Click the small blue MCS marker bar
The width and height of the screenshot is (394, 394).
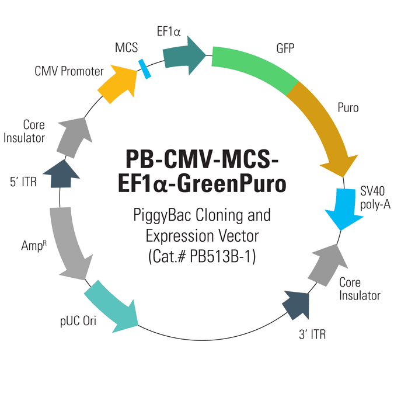point(145,69)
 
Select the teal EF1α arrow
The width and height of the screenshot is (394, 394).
point(183,56)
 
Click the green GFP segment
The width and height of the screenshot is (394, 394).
point(254,67)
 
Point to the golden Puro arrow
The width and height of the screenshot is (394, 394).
point(324,125)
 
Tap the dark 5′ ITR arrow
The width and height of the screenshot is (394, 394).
point(61,175)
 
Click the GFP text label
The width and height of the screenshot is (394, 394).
point(285,48)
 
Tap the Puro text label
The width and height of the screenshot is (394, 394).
point(348,108)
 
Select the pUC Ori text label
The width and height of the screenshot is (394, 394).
point(78,321)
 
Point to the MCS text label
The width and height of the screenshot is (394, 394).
point(127,47)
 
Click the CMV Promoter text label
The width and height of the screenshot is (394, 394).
point(69,71)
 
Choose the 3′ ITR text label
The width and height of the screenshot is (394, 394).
point(312,334)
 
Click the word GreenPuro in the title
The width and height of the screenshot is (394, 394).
point(232,184)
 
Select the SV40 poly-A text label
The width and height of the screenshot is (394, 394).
point(375,198)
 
